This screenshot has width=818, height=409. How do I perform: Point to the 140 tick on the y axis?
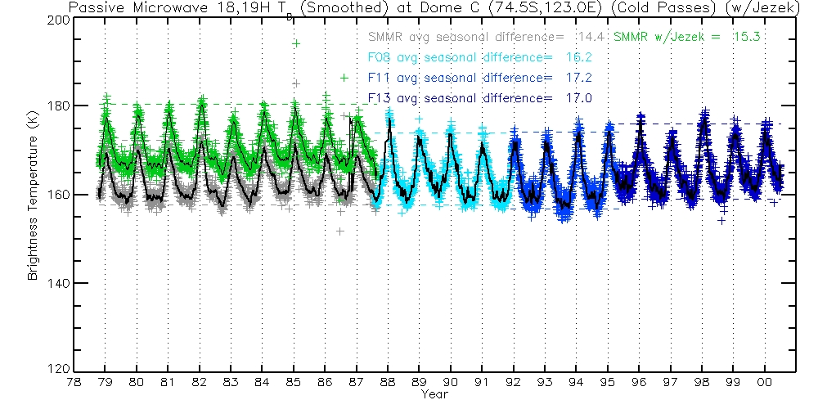click(x=58, y=283)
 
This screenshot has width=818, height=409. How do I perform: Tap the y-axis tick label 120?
click(x=58, y=371)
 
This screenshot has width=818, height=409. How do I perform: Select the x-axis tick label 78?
click(x=74, y=382)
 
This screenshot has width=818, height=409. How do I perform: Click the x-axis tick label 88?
click(x=388, y=382)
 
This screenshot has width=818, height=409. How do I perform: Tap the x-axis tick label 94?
click(x=577, y=382)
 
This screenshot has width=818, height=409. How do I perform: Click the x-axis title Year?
click(x=434, y=394)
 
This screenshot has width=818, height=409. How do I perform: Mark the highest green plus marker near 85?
click(x=296, y=43)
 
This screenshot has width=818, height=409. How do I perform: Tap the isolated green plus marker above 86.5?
click(x=344, y=78)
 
